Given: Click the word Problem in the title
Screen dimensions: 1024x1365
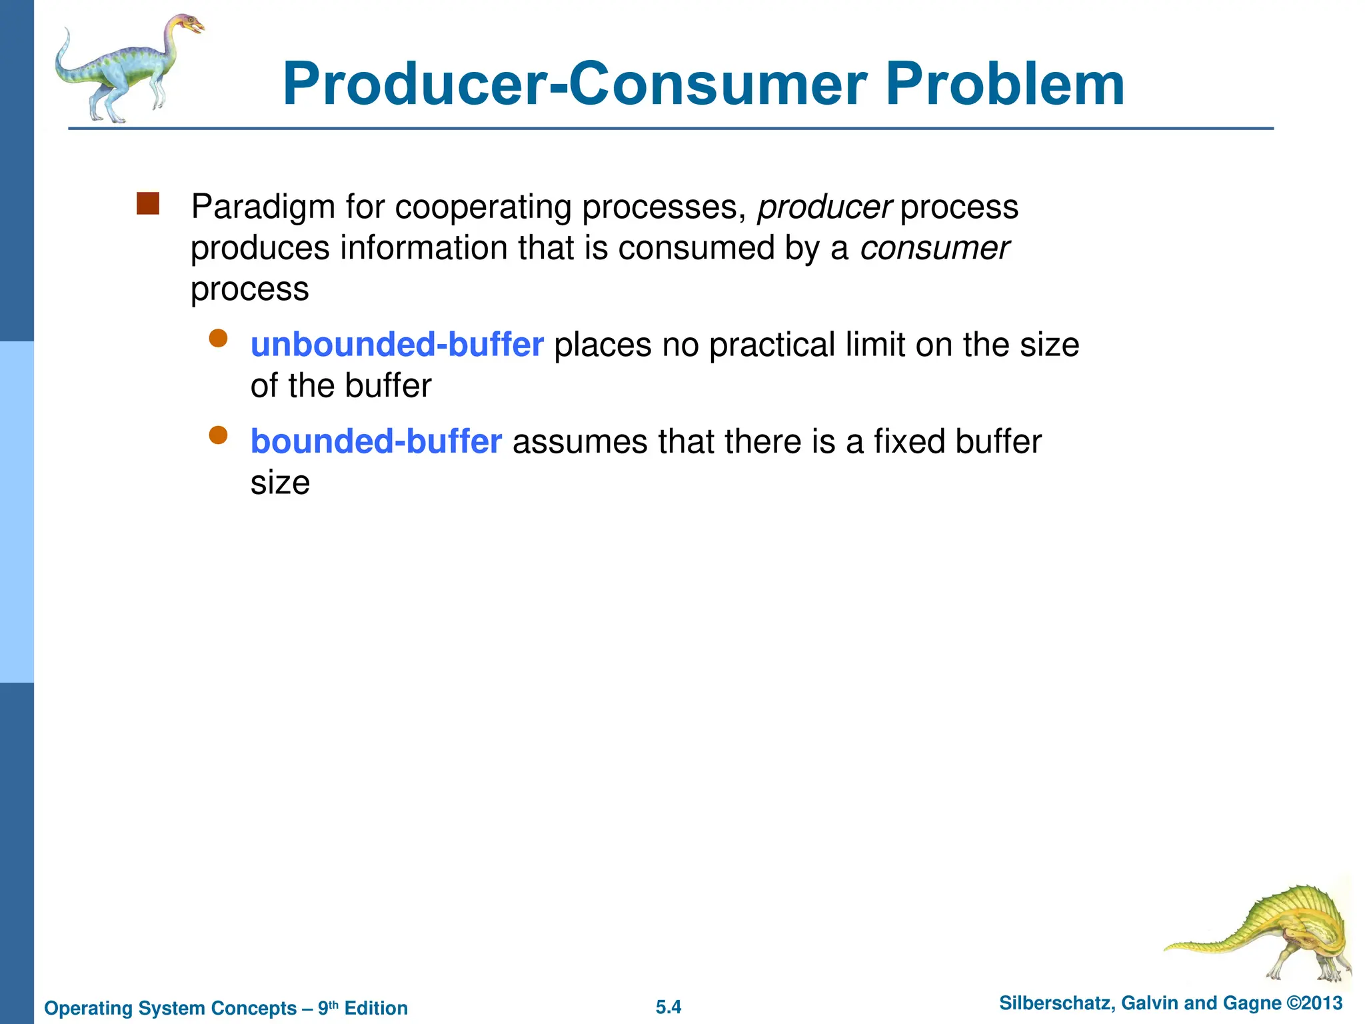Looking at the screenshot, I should coord(1005,85).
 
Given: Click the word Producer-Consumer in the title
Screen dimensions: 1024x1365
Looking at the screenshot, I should coord(574,85).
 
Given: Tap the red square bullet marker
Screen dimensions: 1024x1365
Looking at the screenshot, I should coord(148,204).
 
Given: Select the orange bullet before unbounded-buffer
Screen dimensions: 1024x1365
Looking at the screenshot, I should coord(218,339).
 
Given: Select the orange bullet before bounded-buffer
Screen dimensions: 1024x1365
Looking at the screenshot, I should coord(218,435).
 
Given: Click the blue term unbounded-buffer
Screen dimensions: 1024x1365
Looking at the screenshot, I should coord(397,345).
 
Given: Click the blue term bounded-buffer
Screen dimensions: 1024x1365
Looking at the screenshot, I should coord(375,441).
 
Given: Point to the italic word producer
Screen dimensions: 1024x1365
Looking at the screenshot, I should coord(824,207).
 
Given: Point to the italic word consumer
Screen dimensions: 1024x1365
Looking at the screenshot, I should coord(934,249).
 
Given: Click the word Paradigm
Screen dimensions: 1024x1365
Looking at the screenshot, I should coord(263,207).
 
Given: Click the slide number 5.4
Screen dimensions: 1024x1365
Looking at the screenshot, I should coord(668,1007).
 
